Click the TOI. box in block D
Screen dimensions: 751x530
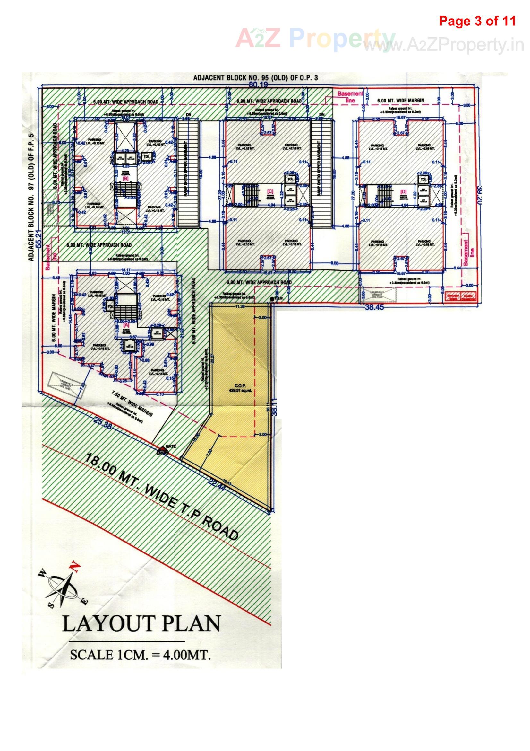click(424, 179)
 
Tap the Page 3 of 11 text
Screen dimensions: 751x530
click(477, 21)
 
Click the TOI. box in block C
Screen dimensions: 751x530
click(290, 179)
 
